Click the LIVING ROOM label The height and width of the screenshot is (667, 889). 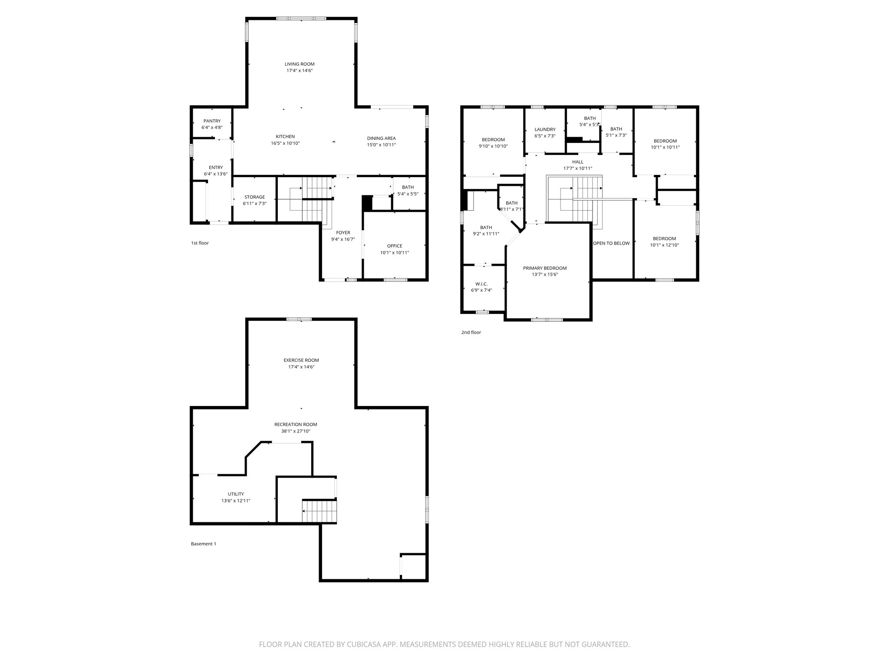pos(300,64)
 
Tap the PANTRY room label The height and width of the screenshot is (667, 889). pos(212,121)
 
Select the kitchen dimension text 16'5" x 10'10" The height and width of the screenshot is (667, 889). pos(285,143)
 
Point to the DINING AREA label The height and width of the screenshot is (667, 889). pos(381,139)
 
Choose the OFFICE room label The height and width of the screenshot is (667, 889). pos(395,246)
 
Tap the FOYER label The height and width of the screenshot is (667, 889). pos(343,233)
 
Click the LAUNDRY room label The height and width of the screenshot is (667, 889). pos(545,129)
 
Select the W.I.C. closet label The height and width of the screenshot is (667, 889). pos(481,284)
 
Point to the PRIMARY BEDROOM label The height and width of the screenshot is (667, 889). pos(545,268)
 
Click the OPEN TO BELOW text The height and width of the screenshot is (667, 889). pos(611,243)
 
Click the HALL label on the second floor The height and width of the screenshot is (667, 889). pos(578,162)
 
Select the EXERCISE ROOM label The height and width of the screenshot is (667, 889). pos(301,360)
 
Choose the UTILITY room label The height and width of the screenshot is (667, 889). pos(236,494)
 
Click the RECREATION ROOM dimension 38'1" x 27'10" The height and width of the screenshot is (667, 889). pos(296,431)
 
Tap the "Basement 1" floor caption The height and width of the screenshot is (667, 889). pos(203,544)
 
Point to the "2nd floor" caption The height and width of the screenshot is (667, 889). pos(471,333)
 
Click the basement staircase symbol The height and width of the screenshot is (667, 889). pos(319,512)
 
